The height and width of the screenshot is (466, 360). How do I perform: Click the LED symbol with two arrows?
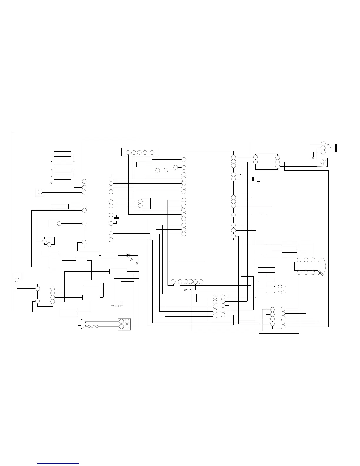(x=128, y=255)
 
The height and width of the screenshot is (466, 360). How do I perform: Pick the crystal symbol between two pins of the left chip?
(x=116, y=219)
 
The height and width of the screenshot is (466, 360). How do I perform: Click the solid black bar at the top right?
(x=336, y=148)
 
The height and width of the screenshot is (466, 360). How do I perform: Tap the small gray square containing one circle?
(x=40, y=193)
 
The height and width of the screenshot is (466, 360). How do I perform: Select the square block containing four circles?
(x=124, y=324)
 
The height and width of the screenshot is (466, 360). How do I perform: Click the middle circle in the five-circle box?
(x=139, y=152)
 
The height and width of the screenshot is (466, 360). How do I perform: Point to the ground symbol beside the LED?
(x=137, y=262)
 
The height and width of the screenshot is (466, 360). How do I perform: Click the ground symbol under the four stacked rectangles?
(x=51, y=183)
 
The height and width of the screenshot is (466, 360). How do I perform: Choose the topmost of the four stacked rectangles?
(x=63, y=154)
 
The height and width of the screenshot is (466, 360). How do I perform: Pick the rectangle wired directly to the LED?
(x=109, y=255)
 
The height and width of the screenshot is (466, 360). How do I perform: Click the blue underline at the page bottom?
(x=58, y=463)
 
